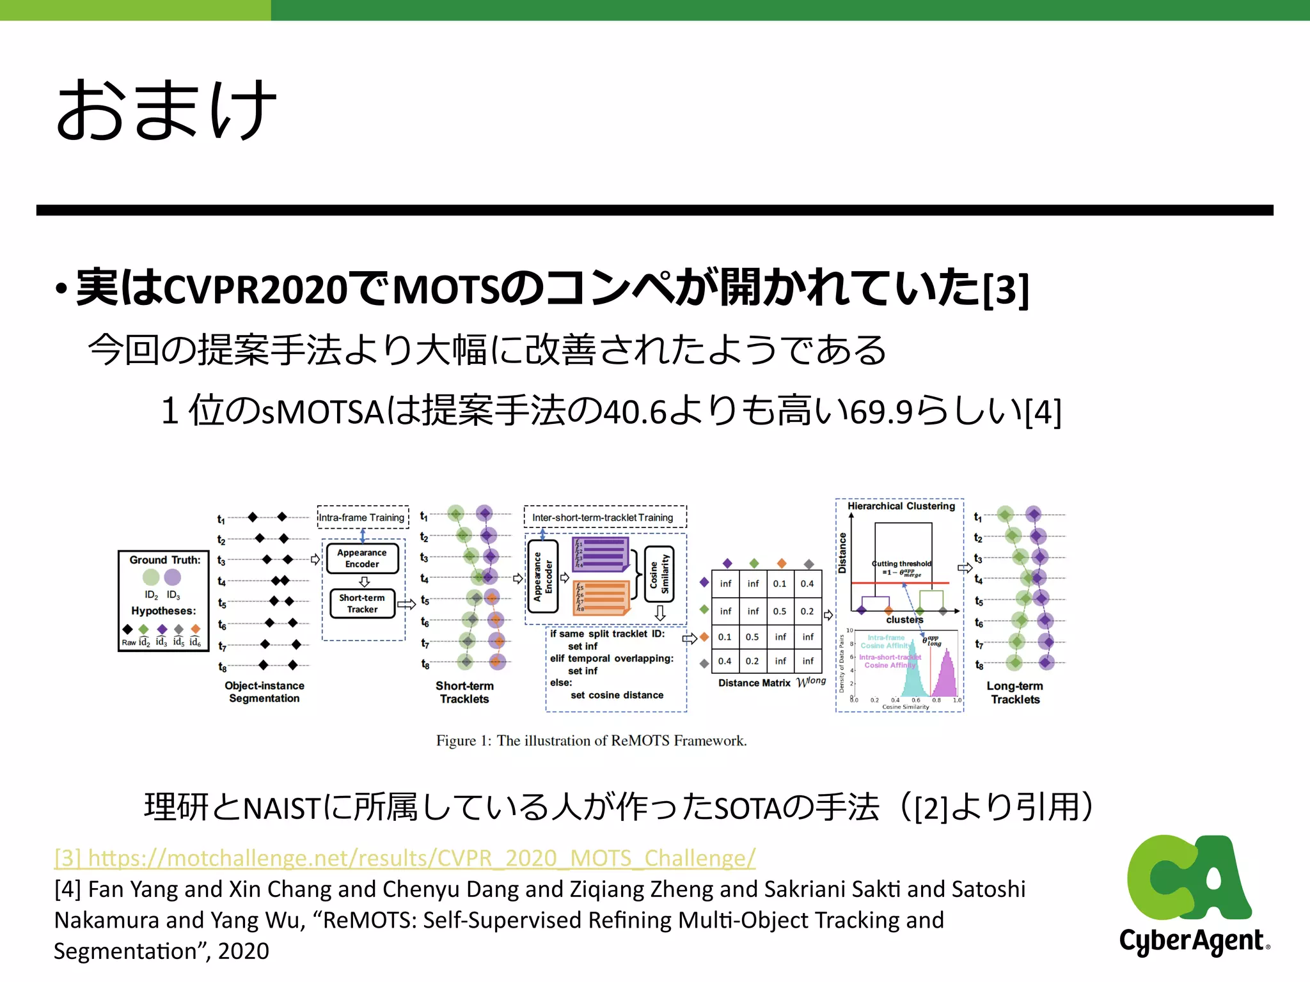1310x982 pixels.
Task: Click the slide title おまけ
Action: (x=166, y=110)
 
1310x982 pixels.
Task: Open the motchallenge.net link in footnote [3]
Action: (x=405, y=858)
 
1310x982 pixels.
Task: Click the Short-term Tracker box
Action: (x=362, y=604)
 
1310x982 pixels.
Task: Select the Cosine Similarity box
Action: (x=659, y=573)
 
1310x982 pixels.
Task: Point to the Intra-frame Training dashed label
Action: (x=362, y=517)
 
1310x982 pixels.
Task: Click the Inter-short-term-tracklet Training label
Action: (x=603, y=517)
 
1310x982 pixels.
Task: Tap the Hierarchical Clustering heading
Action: (x=901, y=506)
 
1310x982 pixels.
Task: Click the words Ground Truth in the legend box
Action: (x=164, y=560)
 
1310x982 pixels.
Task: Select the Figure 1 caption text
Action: (x=591, y=740)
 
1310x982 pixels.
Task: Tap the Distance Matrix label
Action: (x=754, y=683)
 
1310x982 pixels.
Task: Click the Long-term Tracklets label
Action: (x=1015, y=692)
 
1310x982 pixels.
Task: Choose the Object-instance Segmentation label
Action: (x=264, y=692)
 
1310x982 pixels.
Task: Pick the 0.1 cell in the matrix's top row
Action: (x=780, y=584)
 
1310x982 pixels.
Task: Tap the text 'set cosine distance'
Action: (x=617, y=695)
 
